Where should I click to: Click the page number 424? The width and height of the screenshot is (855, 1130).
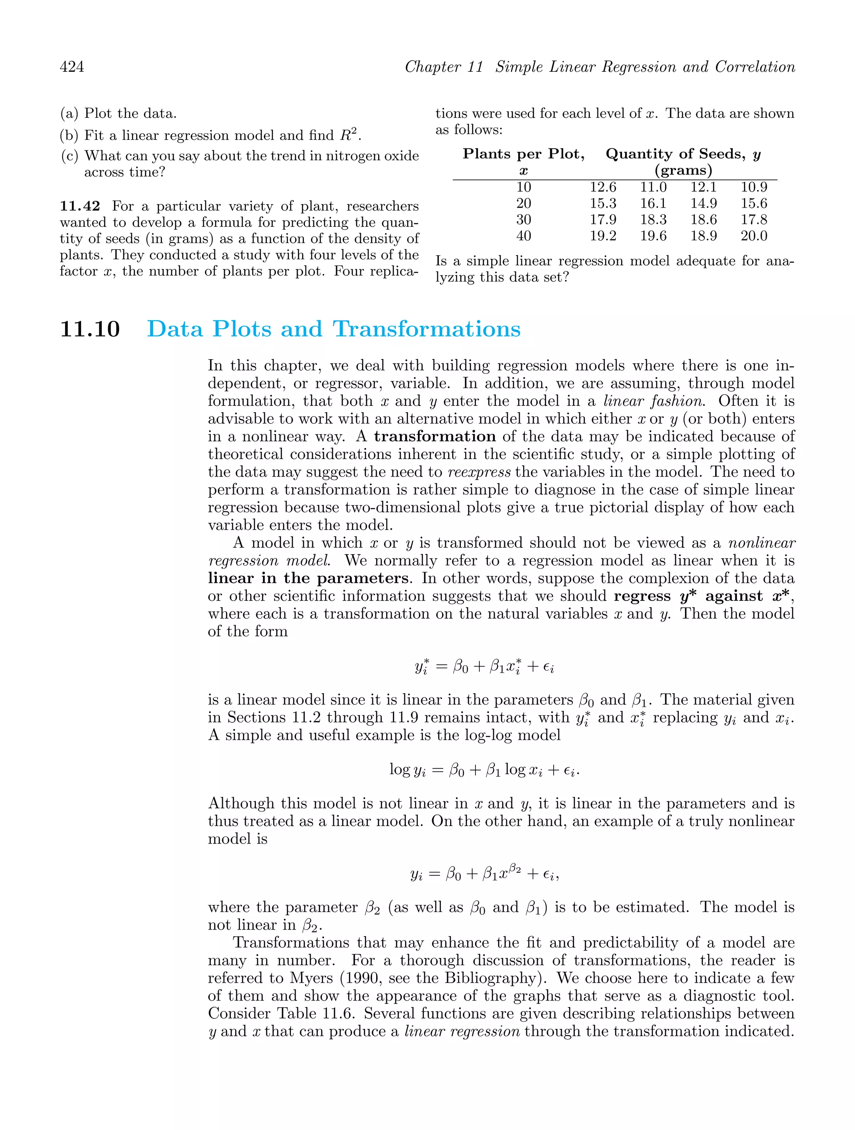[x=72, y=67]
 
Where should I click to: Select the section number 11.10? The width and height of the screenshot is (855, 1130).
[x=90, y=329]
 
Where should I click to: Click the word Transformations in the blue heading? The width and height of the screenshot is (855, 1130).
[x=427, y=329]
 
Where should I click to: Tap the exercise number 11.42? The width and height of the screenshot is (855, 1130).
[x=80, y=206]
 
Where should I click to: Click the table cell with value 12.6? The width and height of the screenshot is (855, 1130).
[x=603, y=187]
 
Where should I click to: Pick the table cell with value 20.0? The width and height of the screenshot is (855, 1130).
[x=754, y=236]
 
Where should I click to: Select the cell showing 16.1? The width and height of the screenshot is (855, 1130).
[x=653, y=204]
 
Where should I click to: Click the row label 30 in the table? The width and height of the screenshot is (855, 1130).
[x=524, y=220]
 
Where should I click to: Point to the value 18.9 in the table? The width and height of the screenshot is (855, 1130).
[x=703, y=236]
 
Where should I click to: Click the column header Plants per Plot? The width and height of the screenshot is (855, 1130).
[x=524, y=154]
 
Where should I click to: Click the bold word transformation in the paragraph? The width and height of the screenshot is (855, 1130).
[x=435, y=437]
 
